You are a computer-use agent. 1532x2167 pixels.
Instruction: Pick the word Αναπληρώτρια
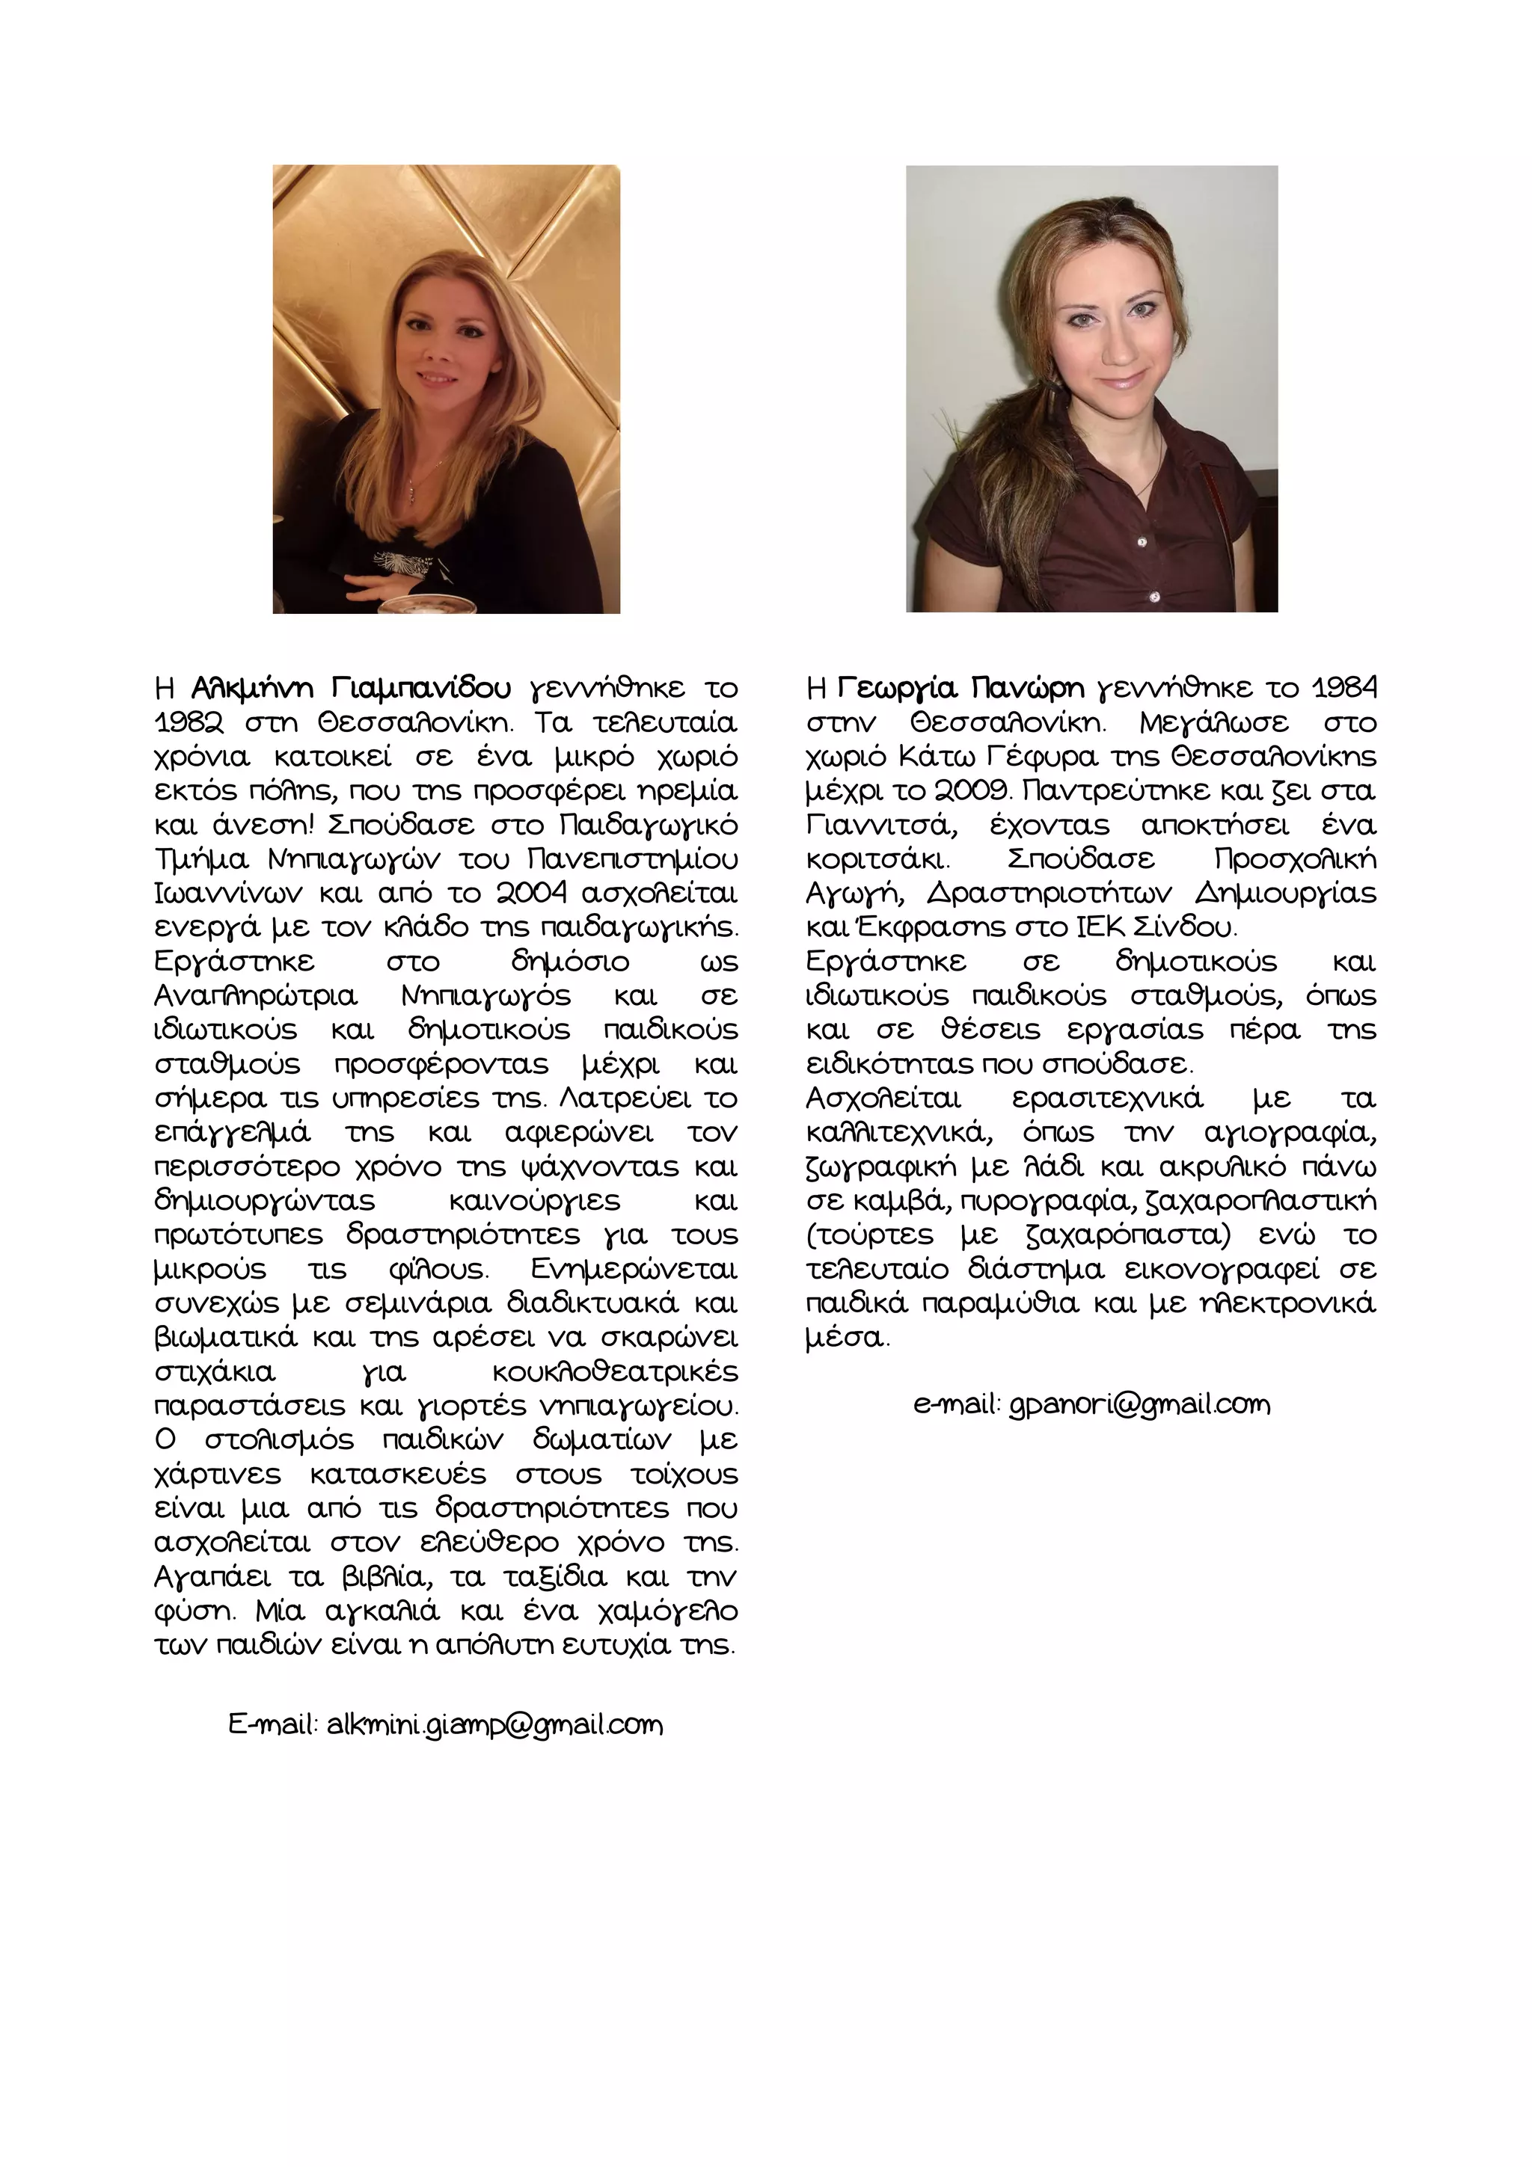point(255,996)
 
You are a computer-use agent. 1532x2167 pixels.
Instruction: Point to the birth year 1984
point(1344,688)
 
